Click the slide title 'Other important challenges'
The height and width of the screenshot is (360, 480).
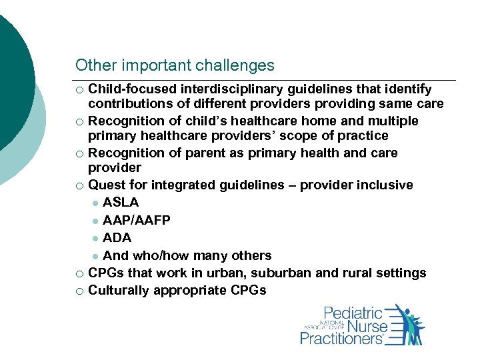click(x=175, y=65)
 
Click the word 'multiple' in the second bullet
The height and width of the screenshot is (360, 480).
click(x=395, y=121)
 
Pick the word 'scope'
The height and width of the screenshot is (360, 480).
click(x=313, y=136)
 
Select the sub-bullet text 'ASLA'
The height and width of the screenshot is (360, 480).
click(x=121, y=203)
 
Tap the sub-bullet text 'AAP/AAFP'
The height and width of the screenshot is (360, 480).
click(x=137, y=220)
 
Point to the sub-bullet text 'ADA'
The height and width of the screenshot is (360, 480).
click(x=117, y=238)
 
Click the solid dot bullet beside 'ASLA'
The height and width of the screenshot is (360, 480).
click(x=95, y=203)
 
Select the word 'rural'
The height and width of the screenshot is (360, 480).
click(x=360, y=273)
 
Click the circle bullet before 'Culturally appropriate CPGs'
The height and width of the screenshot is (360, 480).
click(x=79, y=291)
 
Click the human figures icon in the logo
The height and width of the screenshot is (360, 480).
click(x=408, y=325)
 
